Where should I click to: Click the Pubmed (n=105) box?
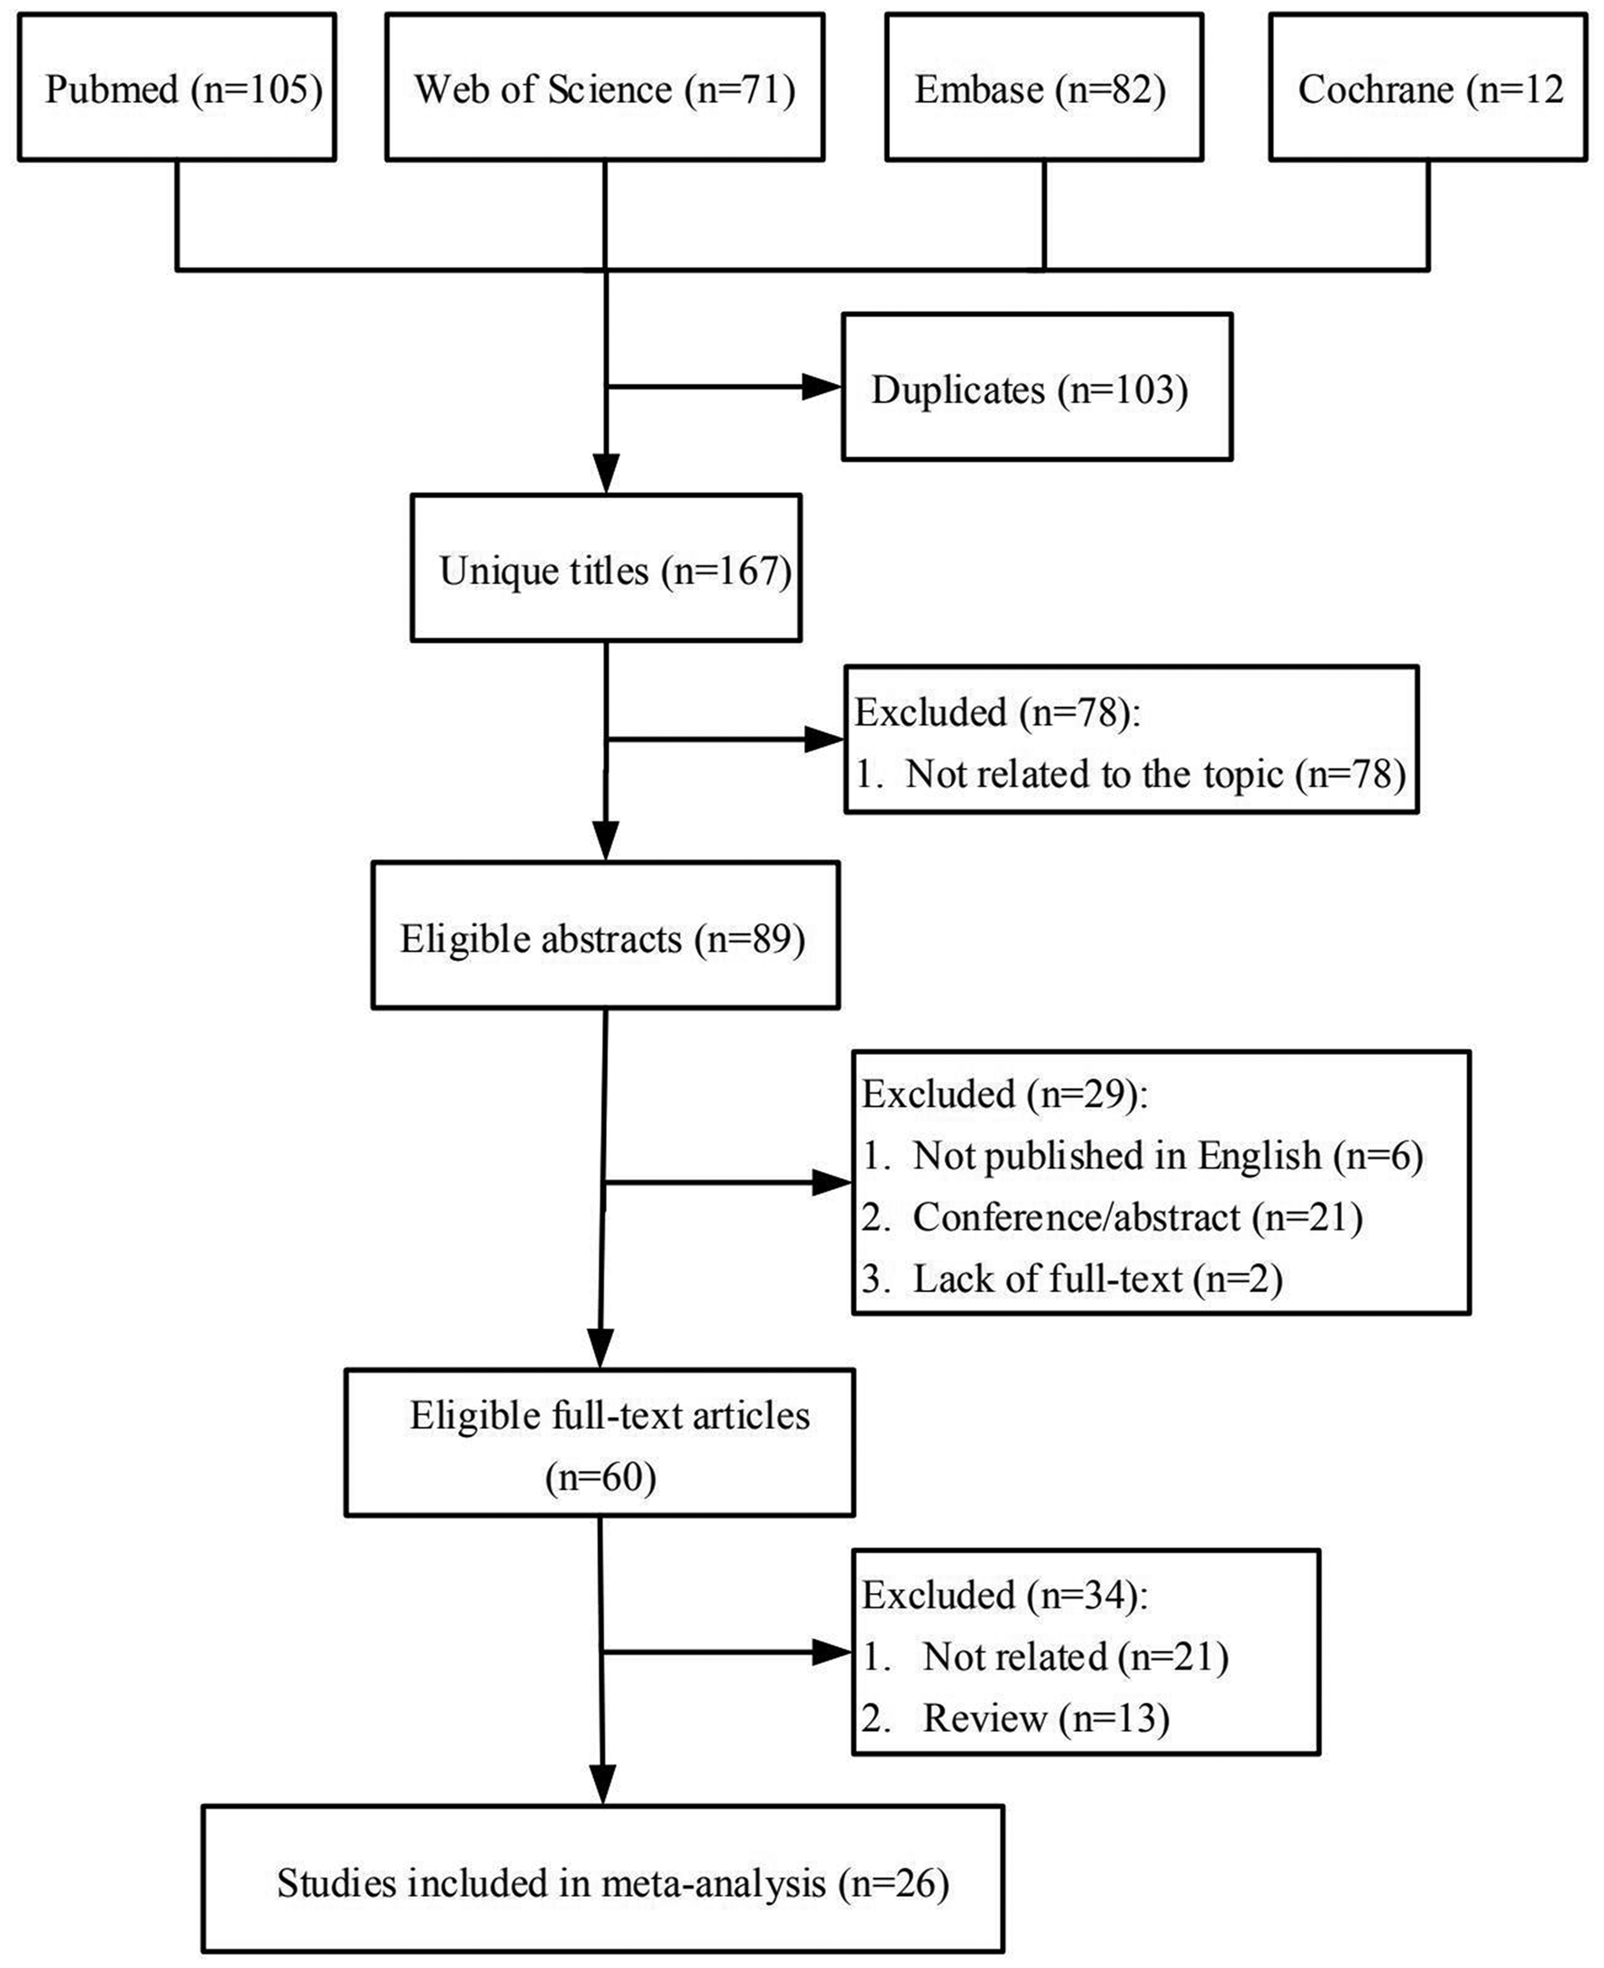click(x=177, y=87)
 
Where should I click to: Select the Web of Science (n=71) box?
click(x=604, y=87)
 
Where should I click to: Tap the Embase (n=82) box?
click(x=1044, y=87)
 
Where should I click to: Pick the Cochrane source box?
click(x=1428, y=87)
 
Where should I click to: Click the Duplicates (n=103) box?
click(x=1037, y=386)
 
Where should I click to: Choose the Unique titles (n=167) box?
click(x=605, y=567)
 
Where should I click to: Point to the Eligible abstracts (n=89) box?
click(x=605, y=935)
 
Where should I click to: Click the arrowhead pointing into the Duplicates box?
click(x=821, y=386)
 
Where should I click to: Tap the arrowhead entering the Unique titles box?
click(x=605, y=474)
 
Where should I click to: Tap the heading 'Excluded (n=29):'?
click(x=1004, y=1094)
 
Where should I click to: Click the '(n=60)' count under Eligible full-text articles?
click(x=600, y=1478)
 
